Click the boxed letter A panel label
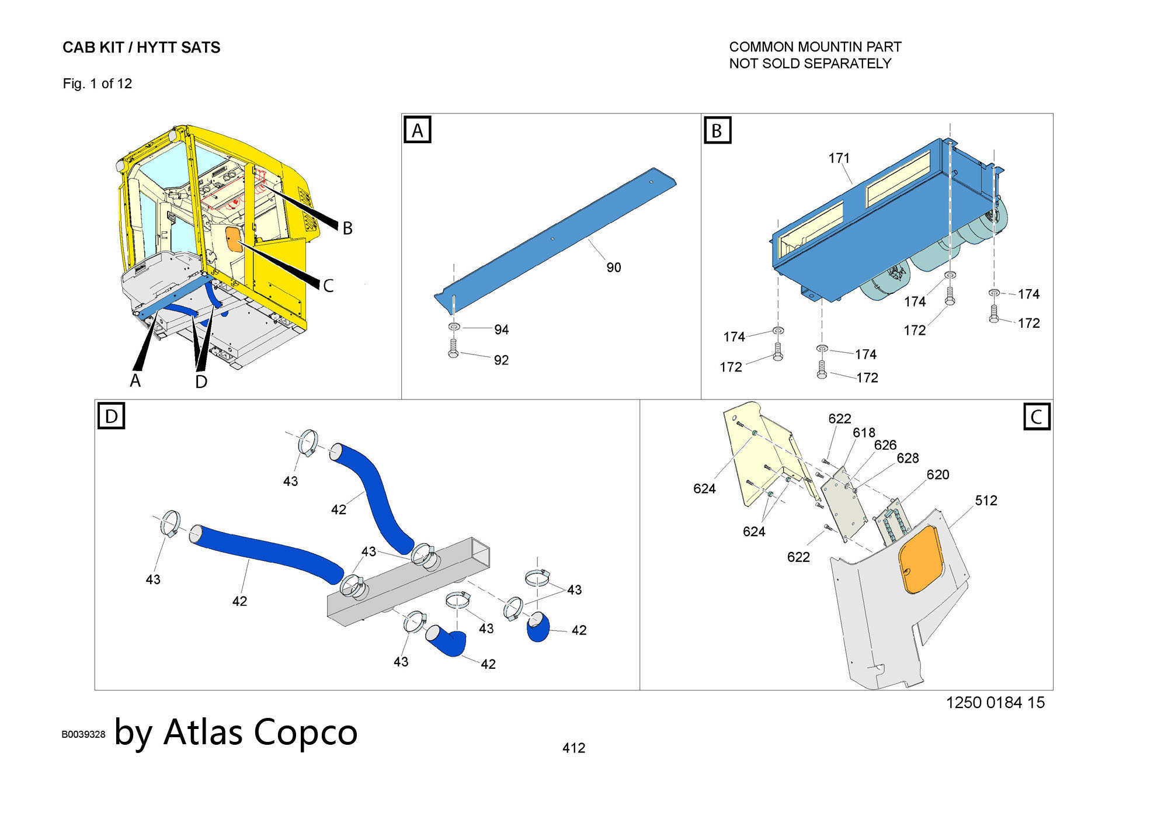[418, 130]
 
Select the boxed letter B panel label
[717, 130]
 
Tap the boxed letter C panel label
[1037, 417]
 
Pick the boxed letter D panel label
[111, 417]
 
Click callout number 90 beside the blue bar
[613, 268]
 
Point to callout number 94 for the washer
[501, 330]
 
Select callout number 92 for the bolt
[501, 360]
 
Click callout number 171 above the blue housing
[839, 158]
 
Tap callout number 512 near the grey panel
[986, 501]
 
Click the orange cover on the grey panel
[922, 560]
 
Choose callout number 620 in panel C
[937, 475]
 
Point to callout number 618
[864, 433]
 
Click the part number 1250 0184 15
[995, 703]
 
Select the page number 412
[573, 748]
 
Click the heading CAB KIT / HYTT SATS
[141, 48]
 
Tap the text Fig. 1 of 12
[98, 84]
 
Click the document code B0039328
[84, 735]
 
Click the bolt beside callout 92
[453, 349]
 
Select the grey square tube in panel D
[409, 584]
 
